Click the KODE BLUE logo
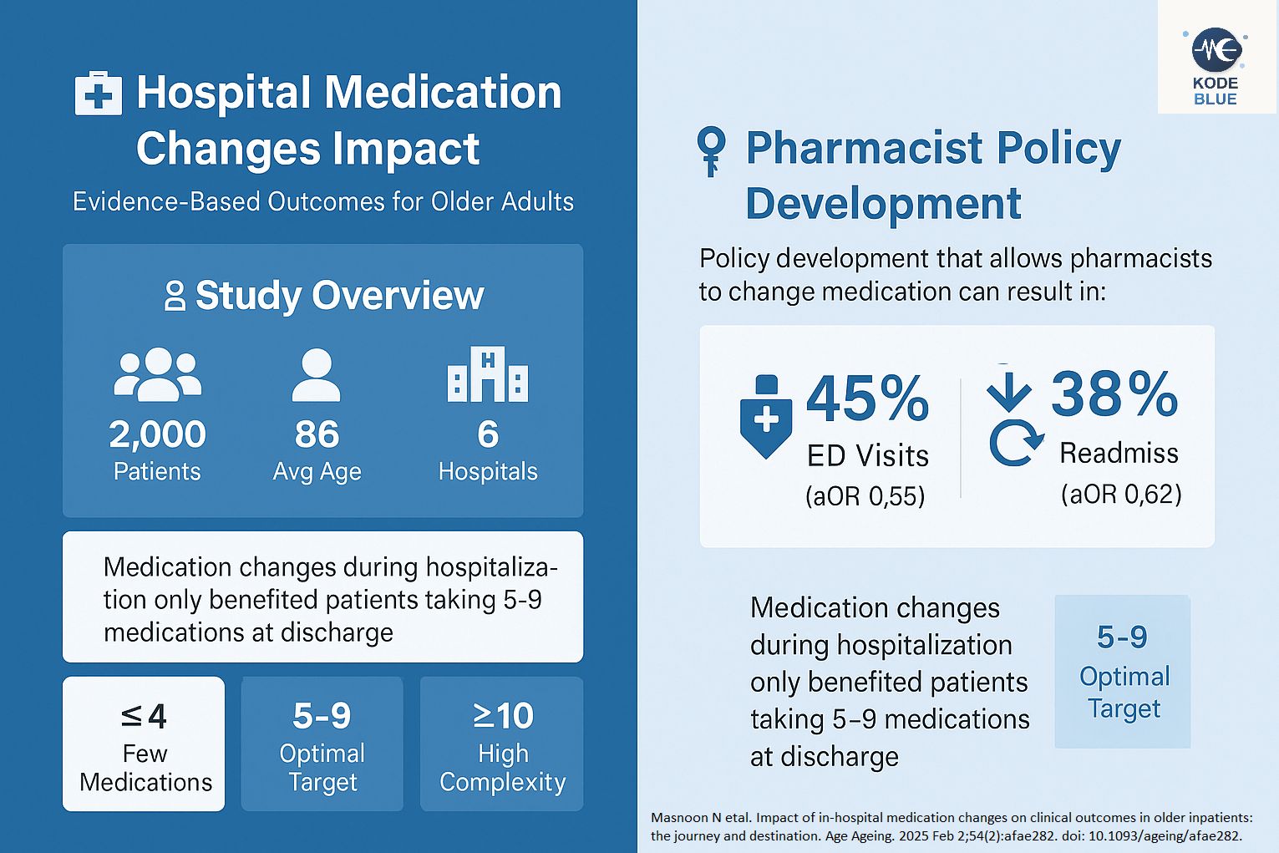1216,67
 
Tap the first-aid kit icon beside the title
99,93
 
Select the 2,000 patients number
157,434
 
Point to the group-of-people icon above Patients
157,373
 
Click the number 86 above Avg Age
317,434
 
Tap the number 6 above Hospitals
488,434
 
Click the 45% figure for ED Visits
867,399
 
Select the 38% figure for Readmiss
1114,393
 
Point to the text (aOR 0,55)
865,496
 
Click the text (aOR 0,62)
1121,494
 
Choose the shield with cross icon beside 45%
766,418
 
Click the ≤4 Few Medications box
144,744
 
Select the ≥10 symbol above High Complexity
503,716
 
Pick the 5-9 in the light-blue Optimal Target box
1122,637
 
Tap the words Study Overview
339,296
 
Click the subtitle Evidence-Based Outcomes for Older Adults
323,202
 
